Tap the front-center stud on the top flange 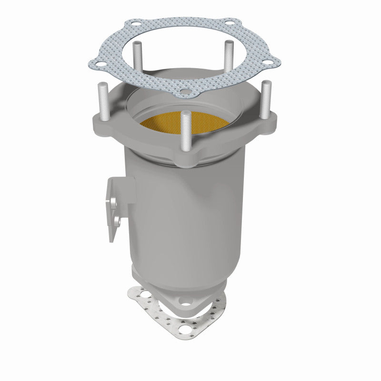point(185,131)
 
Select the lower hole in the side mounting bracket point(116,220)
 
